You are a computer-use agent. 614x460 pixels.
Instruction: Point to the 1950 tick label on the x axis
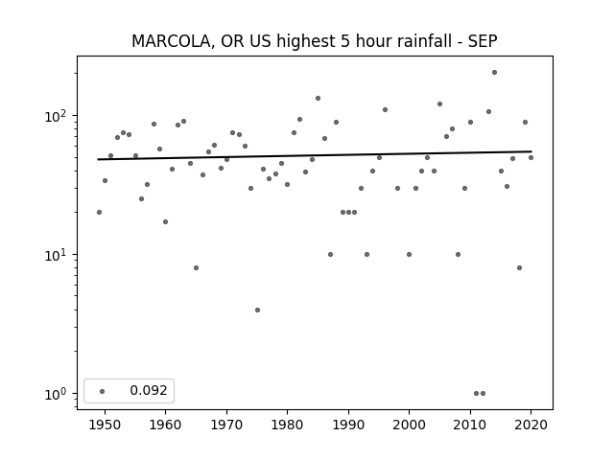coord(105,425)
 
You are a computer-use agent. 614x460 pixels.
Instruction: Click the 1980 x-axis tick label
coord(287,425)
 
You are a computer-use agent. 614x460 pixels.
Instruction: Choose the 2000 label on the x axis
coord(409,425)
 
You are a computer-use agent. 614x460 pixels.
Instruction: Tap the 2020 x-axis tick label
coord(531,425)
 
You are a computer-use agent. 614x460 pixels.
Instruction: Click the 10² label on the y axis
coord(58,116)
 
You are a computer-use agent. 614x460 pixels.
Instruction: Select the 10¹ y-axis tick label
coord(58,255)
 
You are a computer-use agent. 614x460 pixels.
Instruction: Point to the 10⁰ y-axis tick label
coord(58,394)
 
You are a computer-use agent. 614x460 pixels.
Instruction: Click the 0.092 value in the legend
coord(149,390)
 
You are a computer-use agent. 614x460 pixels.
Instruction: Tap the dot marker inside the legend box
coord(103,391)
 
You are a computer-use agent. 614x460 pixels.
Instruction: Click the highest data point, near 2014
coord(495,73)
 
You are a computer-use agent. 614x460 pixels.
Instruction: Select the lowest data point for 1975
coord(257,310)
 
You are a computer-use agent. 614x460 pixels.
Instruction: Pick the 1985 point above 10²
coord(318,98)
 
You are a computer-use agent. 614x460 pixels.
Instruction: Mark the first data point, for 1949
coord(99,213)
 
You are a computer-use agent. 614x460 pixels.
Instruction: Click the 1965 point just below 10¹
coord(196,268)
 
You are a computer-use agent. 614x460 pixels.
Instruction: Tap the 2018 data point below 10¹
coord(519,268)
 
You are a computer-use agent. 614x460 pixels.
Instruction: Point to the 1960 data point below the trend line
coord(166,221)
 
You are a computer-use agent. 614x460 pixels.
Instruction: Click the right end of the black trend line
coord(531,151)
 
